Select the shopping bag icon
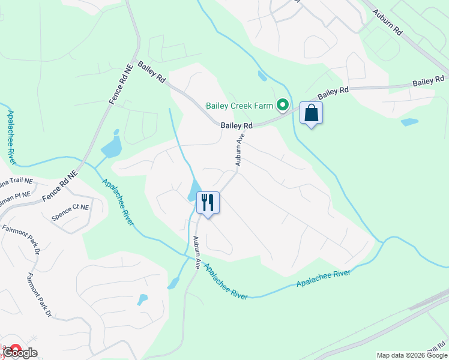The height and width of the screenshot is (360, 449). [311, 113]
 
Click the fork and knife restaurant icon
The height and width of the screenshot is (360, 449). [208, 203]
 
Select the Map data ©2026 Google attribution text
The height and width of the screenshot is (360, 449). [412, 355]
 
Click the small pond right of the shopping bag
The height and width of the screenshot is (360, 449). [409, 122]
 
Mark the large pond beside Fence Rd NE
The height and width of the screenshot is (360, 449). [111, 146]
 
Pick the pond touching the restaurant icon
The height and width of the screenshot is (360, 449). [194, 191]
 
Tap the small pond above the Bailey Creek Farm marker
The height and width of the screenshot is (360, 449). [262, 76]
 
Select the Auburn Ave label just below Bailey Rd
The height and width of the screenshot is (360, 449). [241, 149]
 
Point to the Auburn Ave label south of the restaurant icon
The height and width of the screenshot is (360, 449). [196, 253]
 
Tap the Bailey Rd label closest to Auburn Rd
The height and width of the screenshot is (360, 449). [431, 81]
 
